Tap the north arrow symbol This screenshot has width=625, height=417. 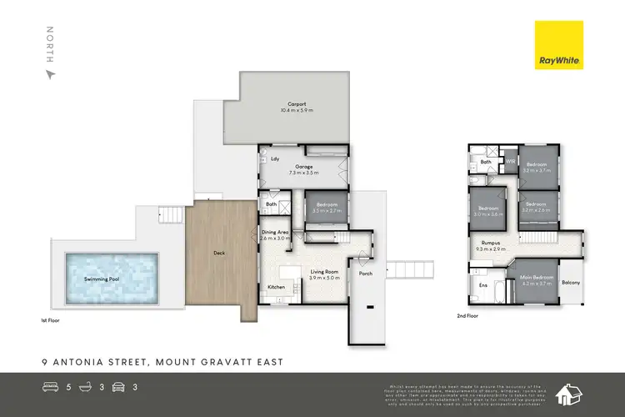[50, 73]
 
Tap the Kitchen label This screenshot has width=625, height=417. [276, 287]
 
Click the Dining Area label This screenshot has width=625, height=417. [276, 233]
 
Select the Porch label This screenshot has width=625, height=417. [365, 274]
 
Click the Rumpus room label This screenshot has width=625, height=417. [491, 244]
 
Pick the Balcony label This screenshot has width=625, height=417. [571, 282]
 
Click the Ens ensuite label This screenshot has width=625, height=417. [482, 284]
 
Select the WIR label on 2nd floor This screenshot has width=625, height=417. [509, 161]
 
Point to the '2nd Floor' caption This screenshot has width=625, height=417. [467, 316]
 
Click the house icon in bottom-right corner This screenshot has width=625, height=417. [572, 391]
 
